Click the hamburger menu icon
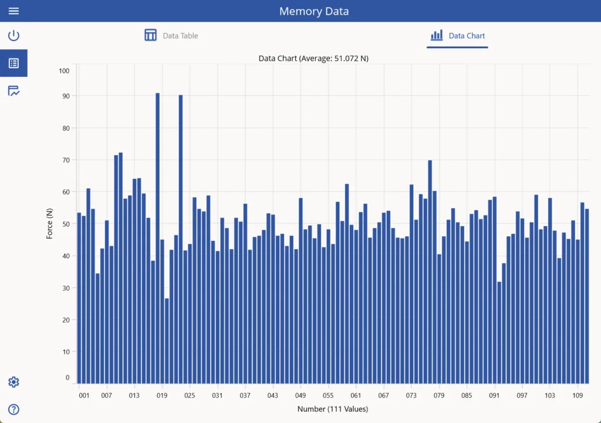pyautogui.click(x=13, y=11)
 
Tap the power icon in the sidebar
pyautogui.click(x=13, y=36)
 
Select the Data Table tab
pyautogui.click(x=171, y=36)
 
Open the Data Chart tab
pyautogui.click(x=458, y=36)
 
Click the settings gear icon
pyautogui.click(x=13, y=382)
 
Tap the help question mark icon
pyautogui.click(x=13, y=409)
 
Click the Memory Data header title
pyautogui.click(x=314, y=11)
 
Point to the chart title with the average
pyautogui.click(x=313, y=58)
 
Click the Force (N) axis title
pyautogui.click(x=50, y=224)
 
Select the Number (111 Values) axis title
pyautogui.click(x=333, y=409)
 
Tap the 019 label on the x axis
pyautogui.click(x=162, y=395)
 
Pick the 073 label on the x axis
pyautogui.click(x=411, y=395)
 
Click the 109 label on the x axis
pyautogui.click(x=578, y=395)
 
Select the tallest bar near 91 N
pyautogui.click(x=157, y=235)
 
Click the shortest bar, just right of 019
pyautogui.click(x=167, y=341)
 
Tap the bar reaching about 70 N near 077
pyautogui.click(x=430, y=270)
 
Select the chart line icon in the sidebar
pyautogui.click(x=13, y=91)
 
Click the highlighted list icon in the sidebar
pyautogui.click(x=13, y=63)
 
